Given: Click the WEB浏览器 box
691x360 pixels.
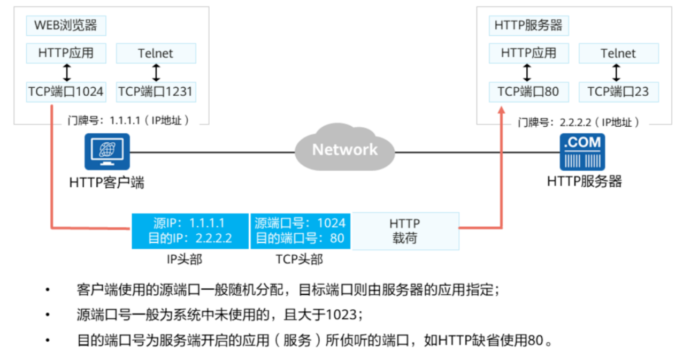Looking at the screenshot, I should point(66,26).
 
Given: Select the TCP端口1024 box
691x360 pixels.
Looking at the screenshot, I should point(66,91).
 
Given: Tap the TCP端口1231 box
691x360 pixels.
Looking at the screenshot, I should point(156,91).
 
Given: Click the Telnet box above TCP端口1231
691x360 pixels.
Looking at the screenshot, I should point(156,53).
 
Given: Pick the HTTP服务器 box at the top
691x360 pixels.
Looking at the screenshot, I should point(528,26).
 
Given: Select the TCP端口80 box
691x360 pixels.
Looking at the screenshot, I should point(528,91).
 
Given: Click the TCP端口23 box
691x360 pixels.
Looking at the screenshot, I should point(618,91).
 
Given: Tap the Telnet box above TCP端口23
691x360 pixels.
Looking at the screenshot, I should point(618,53).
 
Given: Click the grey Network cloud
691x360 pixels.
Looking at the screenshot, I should point(345,149).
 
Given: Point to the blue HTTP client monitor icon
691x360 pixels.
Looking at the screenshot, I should point(107,151).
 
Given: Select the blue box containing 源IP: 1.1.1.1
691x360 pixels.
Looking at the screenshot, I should point(190,231).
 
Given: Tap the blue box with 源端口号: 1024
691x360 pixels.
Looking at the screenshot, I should point(300,231).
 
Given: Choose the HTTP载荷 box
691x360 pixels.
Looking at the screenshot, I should point(405,231).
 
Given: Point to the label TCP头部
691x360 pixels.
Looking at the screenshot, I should point(300,259).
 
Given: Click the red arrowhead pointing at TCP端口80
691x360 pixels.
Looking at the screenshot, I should point(502,109).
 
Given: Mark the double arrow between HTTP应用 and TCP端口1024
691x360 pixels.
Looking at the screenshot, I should point(66,72).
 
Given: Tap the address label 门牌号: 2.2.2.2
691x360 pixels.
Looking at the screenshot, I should point(578,122).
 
